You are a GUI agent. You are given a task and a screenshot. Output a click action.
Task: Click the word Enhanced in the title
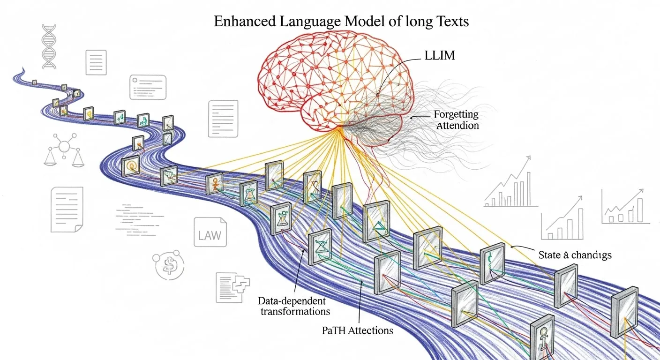[x=245, y=22]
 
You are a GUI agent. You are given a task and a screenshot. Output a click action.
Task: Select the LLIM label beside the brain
[x=440, y=55]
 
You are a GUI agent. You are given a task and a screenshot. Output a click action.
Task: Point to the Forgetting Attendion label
[x=457, y=120]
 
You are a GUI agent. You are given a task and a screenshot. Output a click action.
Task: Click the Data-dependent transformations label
[x=294, y=306]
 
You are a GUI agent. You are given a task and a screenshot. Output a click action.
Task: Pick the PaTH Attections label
[x=357, y=330]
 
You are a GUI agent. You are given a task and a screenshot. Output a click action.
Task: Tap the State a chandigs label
[x=575, y=255]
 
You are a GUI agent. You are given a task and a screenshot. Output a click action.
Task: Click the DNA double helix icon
[x=49, y=47]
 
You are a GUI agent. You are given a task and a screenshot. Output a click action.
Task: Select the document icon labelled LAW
[x=210, y=232]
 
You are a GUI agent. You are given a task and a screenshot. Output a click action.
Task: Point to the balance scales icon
[x=64, y=150]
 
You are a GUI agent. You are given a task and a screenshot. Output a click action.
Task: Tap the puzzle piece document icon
[x=233, y=287]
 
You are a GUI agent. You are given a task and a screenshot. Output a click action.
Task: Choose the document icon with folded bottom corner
[x=67, y=210]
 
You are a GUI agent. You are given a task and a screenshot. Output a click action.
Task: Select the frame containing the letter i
[x=543, y=338]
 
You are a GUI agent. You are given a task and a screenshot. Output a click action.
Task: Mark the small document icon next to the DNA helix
[x=96, y=62]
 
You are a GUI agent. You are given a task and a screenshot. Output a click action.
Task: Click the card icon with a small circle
[x=148, y=87]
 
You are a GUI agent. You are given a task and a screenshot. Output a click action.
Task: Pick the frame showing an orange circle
[x=130, y=166]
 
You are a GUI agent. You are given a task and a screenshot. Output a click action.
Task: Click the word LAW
[x=210, y=236]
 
